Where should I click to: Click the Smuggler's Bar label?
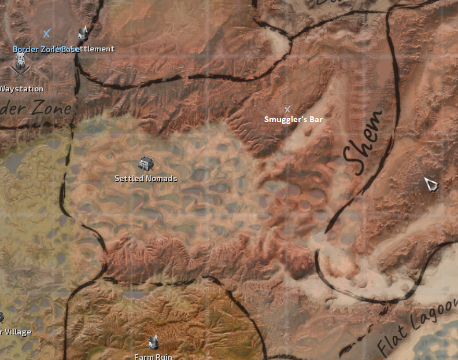pos(293,119)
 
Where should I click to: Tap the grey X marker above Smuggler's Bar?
pos(287,109)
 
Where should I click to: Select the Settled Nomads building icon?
pos(146,164)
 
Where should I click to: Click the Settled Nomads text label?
pos(146,178)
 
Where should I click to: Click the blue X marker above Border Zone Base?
pos(47,34)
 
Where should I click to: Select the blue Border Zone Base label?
pos(46,49)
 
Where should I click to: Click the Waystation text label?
pos(21,89)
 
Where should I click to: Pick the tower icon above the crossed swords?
pos(21,60)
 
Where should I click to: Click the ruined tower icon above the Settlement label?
pos(83,34)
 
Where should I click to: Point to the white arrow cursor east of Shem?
pos(431,184)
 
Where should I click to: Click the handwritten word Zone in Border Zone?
pos(51,109)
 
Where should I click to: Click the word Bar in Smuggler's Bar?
pos(316,119)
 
